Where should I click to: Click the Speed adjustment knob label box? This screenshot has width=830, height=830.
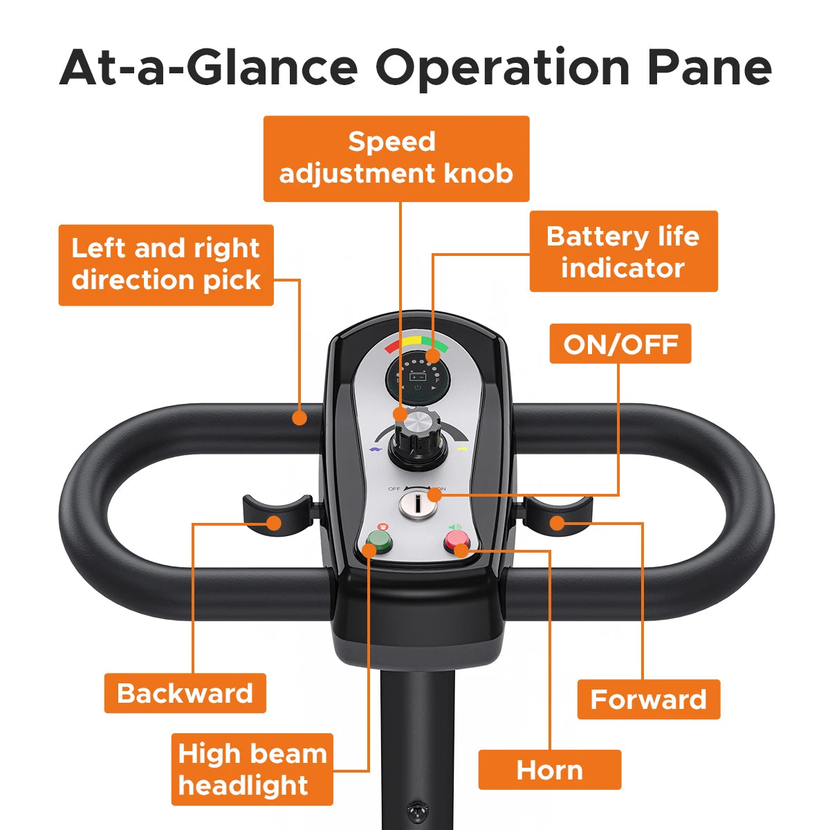[x=396, y=158]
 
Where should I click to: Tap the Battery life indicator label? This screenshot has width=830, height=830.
[x=623, y=251]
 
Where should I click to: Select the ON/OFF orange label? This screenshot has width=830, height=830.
[x=620, y=344]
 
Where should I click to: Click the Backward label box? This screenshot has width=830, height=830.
[x=185, y=693]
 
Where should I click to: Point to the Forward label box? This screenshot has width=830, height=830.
[x=648, y=699]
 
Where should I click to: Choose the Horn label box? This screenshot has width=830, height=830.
[x=550, y=770]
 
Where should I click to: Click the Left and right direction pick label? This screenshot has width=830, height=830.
[x=166, y=265]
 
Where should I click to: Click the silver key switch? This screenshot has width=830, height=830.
[x=418, y=506]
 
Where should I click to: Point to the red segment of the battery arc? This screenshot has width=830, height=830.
[x=394, y=346]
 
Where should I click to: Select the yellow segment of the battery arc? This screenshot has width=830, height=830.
[x=412, y=341]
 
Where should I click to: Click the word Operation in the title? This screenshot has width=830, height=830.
[x=503, y=69]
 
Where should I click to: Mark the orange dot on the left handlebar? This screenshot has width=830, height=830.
[x=299, y=418]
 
